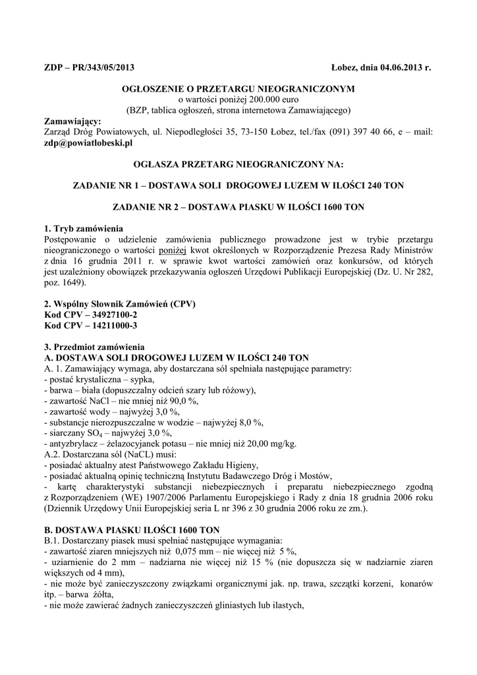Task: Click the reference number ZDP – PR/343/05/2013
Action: (89, 69)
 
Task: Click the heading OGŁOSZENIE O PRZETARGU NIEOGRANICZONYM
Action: (238, 88)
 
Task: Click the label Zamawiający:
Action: (72, 121)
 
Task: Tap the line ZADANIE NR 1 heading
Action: (238, 187)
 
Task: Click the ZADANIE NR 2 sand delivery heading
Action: (238, 207)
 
